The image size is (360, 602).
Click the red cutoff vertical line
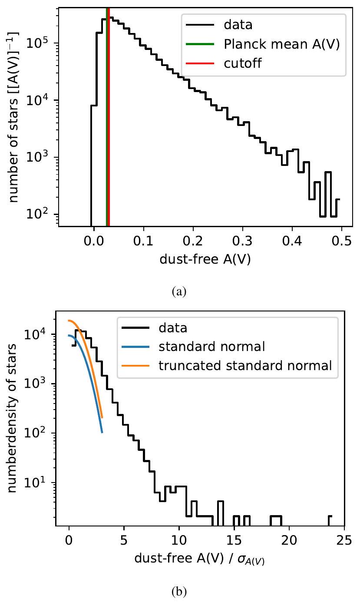(x=109, y=130)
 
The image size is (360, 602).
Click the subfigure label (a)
(x=179, y=292)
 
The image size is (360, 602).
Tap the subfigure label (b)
(x=179, y=591)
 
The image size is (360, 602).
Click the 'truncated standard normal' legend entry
(x=245, y=366)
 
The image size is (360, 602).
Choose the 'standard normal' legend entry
(x=211, y=347)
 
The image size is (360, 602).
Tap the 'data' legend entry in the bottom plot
(x=173, y=327)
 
